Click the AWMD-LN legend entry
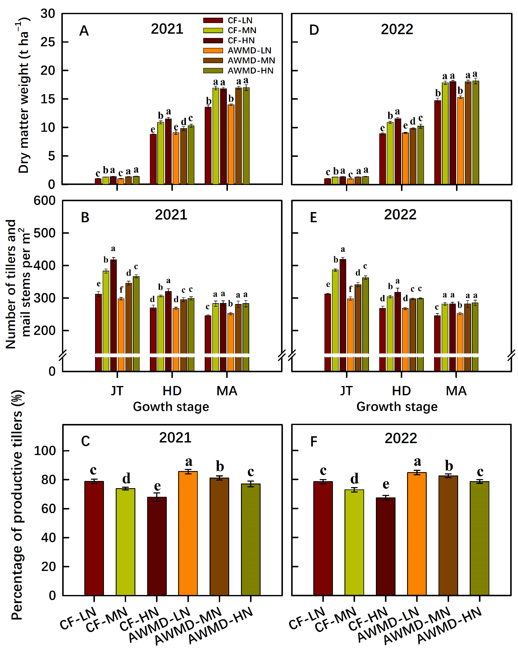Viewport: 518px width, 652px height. point(249,50)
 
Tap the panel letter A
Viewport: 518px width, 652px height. point(84,31)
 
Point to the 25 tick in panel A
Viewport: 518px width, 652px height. point(48,42)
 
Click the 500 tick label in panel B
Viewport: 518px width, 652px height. point(44,233)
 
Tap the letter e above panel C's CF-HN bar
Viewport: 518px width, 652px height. point(157,486)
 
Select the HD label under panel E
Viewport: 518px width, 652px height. point(401,391)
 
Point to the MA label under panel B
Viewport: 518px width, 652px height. point(227,391)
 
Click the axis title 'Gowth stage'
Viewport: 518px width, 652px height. point(171,407)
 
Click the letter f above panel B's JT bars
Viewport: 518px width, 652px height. point(121,290)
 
